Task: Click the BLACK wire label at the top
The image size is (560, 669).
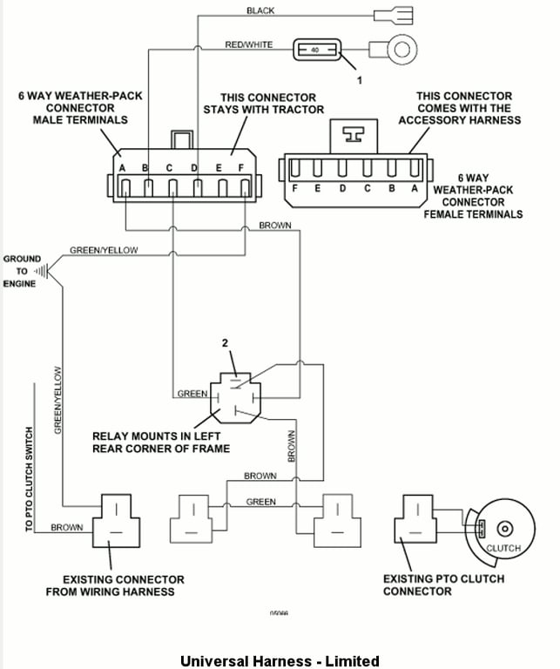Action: (260, 10)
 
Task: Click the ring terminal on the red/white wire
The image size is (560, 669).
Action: (401, 50)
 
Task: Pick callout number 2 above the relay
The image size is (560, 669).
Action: (226, 343)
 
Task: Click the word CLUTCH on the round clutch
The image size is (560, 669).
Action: (503, 548)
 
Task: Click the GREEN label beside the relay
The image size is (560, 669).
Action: (192, 394)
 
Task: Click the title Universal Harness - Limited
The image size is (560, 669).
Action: (280, 661)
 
